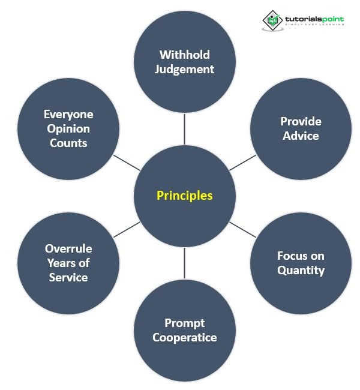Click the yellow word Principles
184,196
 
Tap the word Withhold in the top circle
184,55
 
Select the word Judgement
184,69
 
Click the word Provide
301,121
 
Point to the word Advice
301,136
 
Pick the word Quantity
301,270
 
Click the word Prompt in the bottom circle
184,323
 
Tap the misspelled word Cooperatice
184,337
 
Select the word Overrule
68,248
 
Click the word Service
68,277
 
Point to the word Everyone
68,114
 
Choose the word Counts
68,143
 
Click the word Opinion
68,128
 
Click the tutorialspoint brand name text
314,19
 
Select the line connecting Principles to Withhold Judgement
184,129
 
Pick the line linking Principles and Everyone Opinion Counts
126,163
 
